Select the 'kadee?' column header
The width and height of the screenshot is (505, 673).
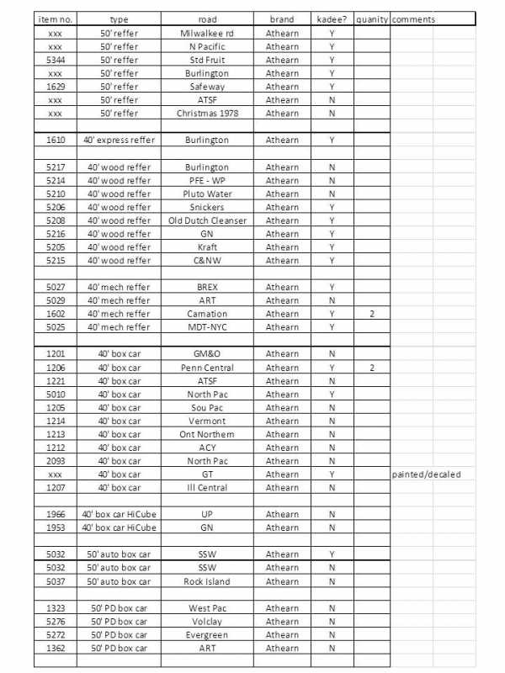point(332,19)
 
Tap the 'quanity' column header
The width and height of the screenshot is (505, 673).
point(370,19)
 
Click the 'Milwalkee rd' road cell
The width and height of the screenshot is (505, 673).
point(206,33)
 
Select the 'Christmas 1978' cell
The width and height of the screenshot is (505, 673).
point(206,113)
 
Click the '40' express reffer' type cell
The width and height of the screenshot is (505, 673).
point(119,140)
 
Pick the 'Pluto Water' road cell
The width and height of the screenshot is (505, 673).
point(206,193)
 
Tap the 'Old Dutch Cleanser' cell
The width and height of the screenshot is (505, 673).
point(206,220)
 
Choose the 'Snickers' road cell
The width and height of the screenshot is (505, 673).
point(206,207)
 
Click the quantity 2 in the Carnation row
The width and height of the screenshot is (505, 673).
point(370,314)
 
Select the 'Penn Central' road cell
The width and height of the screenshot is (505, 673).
point(206,368)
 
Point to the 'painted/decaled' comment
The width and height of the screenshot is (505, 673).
point(427,474)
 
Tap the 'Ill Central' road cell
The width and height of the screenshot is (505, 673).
point(206,488)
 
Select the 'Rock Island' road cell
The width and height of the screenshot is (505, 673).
point(206,581)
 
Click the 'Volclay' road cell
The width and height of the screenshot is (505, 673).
point(206,622)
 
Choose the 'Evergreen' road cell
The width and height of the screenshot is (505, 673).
point(206,635)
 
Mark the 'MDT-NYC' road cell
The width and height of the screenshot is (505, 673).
point(206,327)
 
